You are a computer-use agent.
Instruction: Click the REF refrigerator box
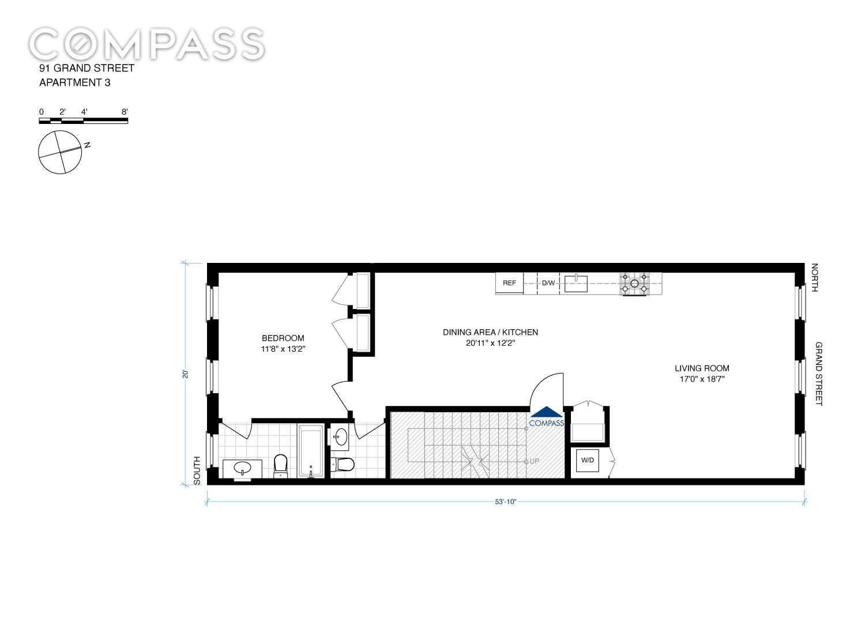tap(509, 284)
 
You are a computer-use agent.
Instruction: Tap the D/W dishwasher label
tap(548, 283)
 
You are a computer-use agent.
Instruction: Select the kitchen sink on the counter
tap(576, 284)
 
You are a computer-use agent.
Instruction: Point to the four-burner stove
tap(634, 284)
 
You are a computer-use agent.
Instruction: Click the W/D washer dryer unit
tap(588, 461)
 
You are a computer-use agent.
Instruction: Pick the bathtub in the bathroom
tap(310, 451)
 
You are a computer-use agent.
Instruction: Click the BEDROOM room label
tap(283, 338)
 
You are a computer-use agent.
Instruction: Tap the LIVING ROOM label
tap(702, 368)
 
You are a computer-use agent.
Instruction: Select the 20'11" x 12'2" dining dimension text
tap(490, 343)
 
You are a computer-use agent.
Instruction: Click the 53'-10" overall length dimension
tap(506, 502)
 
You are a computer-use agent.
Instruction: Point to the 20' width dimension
tap(186, 374)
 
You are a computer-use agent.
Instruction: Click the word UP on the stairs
tap(535, 461)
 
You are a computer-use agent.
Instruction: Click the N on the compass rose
tap(88, 145)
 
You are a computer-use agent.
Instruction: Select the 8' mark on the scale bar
tap(125, 112)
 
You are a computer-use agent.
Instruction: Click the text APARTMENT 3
tap(75, 82)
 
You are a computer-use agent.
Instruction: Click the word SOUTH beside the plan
tap(197, 470)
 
